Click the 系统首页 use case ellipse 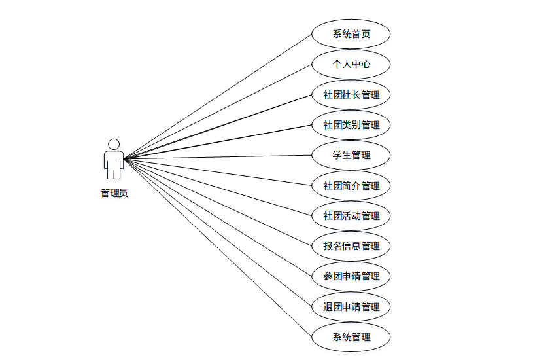tap(351, 34)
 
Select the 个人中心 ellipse tap(351, 64)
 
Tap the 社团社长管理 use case tap(351, 95)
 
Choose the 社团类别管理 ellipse tap(351, 125)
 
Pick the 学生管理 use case tap(351, 155)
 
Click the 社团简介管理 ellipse tap(351, 185)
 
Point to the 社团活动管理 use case tap(351, 215)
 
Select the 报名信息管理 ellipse tap(351, 246)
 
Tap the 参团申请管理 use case tap(351, 276)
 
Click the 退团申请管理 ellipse tap(351, 306)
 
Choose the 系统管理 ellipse tap(351, 337)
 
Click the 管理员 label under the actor tap(114, 193)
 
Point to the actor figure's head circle tap(114, 144)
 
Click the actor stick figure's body tap(114, 164)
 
